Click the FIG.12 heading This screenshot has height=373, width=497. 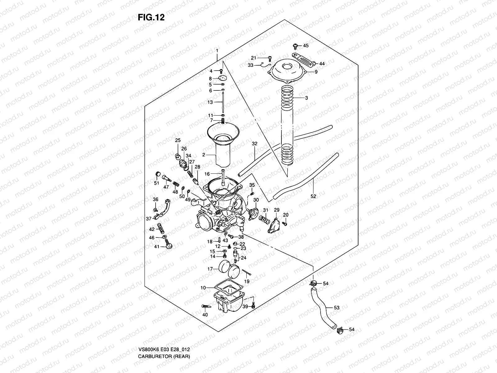point(151,18)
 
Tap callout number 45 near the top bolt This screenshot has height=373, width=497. point(306,46)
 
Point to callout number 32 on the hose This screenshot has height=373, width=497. point(255,144)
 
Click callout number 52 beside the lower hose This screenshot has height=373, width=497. point(313,196)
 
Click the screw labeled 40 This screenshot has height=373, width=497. point(207,306)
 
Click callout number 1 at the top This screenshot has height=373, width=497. point(217,51)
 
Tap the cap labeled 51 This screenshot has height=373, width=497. point(157,174)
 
